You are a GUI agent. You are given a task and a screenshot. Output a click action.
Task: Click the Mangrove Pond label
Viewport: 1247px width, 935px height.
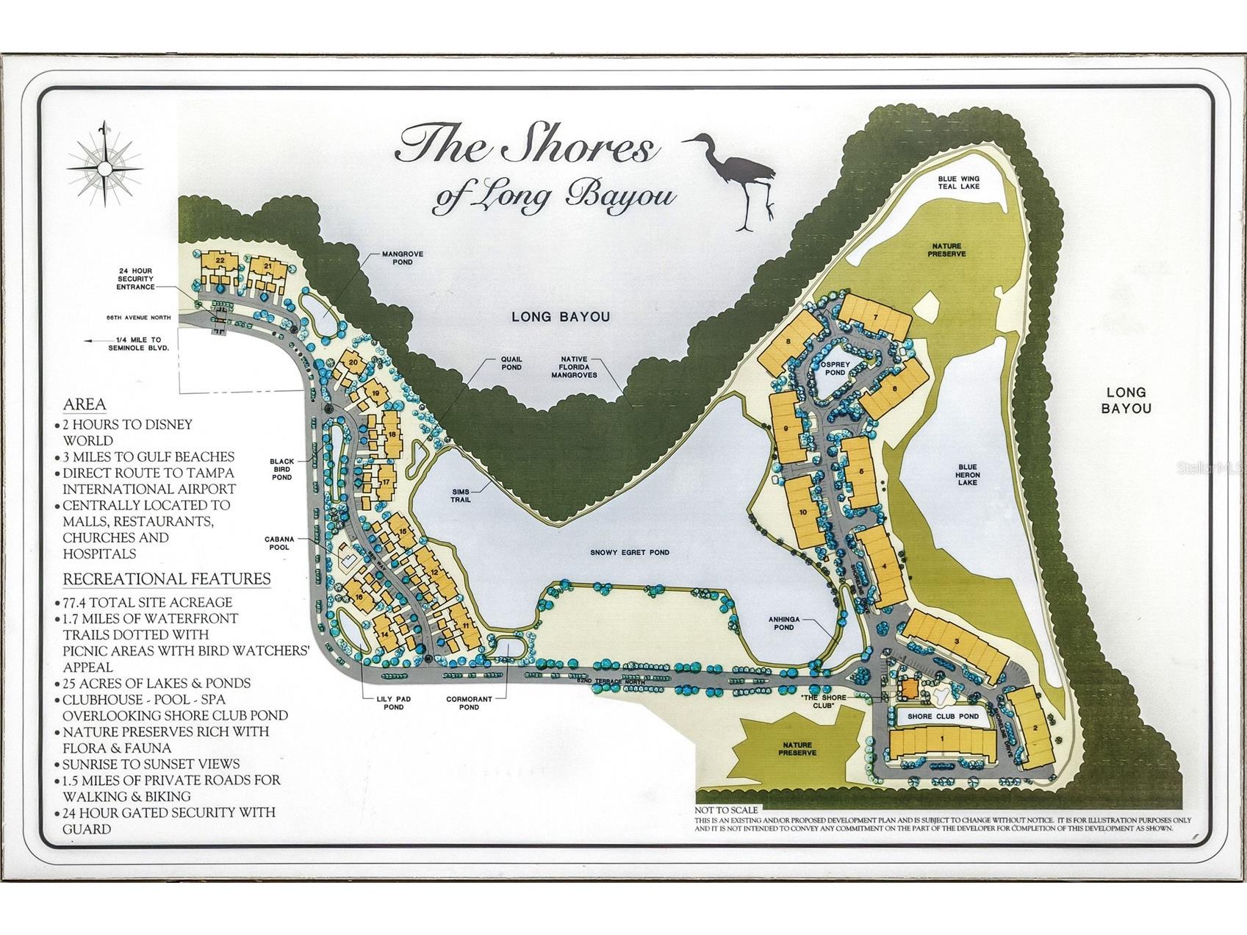point(402,259)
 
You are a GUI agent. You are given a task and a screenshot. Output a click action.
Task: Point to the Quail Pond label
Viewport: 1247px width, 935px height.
point(511,362)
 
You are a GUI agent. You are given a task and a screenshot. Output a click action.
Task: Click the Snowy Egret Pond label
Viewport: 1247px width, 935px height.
point(630,553)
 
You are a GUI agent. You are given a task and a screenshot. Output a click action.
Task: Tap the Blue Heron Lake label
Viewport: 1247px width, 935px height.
point(968,475)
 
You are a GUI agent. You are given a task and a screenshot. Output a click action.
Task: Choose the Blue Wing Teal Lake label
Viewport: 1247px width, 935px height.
point(958,183)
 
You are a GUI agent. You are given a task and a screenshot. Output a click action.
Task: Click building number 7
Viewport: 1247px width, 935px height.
point(875,317)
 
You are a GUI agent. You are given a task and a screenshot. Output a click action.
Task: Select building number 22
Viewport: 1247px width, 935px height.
point(219,260)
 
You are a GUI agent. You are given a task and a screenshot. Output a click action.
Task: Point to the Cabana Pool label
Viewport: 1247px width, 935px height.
point(277,543)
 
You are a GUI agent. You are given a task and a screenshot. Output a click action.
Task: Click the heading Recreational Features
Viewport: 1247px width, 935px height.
point(167,578)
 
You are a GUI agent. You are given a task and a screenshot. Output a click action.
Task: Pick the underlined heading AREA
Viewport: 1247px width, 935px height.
point(85,404)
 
